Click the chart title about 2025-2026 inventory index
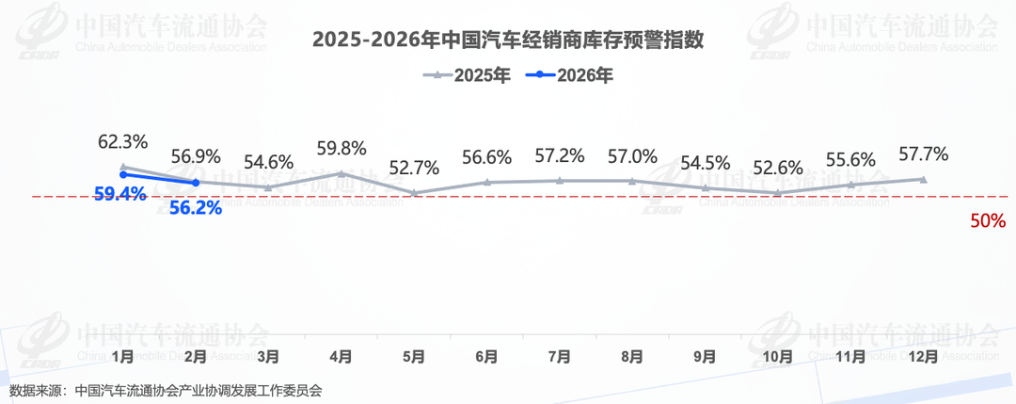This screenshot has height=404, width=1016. coord(508,40)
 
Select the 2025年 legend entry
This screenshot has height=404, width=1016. coord(468,76)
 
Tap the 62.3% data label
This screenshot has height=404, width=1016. coord(123,143)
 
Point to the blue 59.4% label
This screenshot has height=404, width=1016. coord(119,195)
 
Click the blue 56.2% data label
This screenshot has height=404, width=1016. coord(196,209)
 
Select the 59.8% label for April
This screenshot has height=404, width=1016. coord(341,149)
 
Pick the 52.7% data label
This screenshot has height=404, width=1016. coord(414,169)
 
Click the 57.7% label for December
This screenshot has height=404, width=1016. coord(923,154)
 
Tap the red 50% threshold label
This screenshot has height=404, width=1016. coord(988,222)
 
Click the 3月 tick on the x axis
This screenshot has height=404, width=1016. coord(268,357)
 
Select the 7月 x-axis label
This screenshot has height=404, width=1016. coord(560,357)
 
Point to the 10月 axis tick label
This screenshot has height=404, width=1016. coord(778,357)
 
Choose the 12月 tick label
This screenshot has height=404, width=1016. coord(923,357)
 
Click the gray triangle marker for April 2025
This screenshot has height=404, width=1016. coord(341,173)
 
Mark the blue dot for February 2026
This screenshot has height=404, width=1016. coord(196,183)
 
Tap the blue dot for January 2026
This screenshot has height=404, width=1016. coord(123,174)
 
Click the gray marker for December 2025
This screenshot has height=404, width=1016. coord(923,179)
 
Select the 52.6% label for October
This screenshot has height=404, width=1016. coord(778,169)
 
